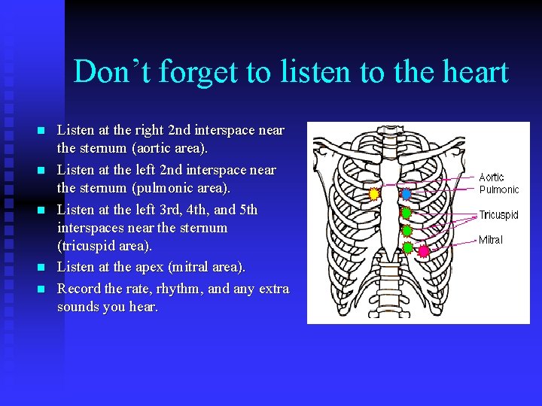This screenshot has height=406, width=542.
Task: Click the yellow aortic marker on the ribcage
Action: [x=374, y=194]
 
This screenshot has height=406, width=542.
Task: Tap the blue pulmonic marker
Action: [x=406, y=194]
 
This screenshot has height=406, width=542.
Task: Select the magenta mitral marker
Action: [x=424, y=250]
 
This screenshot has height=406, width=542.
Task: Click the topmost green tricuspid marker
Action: [x=406, y=213]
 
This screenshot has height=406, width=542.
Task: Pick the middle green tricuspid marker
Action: [x=406, y=231]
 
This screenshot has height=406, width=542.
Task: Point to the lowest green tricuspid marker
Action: [x=407, y=247]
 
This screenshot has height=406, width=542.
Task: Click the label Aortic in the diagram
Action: [x=492, y=177]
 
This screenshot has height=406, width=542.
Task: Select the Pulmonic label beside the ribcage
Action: [x=499, y=189]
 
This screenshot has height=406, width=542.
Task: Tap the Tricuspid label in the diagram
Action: [x=499, y=215]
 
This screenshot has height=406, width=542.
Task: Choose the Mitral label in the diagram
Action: [x=491, y=240]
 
